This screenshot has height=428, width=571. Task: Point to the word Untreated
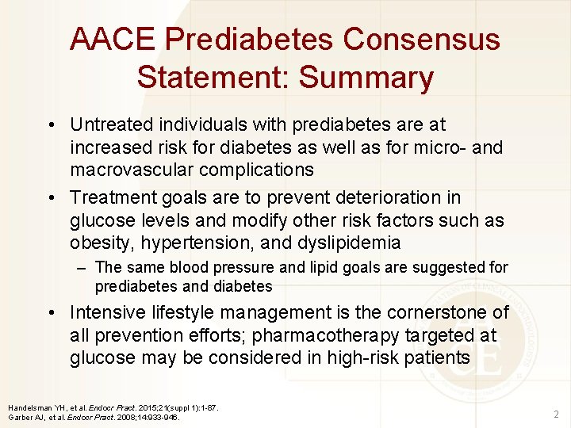click(x=112, y=124)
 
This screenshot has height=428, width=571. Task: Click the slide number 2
click(x=555, y=413)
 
